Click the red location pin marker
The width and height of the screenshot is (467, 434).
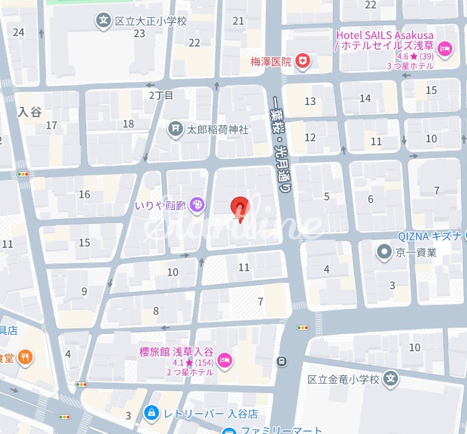pos(239,208)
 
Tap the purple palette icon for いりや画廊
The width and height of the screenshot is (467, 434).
pos(198,204)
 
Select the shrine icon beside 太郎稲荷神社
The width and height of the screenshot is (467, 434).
pos(176,129)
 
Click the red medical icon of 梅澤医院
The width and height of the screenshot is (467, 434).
pos(303,61)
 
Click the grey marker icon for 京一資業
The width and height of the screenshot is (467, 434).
pos(385,253)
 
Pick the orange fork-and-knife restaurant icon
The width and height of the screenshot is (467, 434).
pos(25,357)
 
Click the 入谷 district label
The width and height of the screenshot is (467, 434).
pos(30,111)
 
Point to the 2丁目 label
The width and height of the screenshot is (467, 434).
pos(161,95)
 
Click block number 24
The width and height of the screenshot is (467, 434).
pos(18,32)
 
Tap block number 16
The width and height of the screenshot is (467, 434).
pos(85,194)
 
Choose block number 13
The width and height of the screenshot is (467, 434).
pos(310,101)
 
